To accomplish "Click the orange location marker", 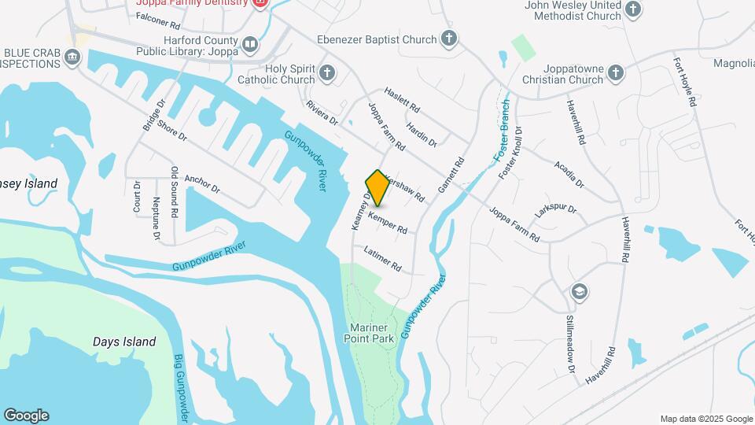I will point(377,188).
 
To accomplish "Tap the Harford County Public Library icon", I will point(250,45).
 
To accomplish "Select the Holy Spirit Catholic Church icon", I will point(328,74).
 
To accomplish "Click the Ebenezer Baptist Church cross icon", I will point(448,39).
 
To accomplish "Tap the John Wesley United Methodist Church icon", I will point(633,10).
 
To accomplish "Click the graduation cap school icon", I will point(580,291).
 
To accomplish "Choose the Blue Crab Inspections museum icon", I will point(73,56).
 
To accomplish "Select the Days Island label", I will point(124,342).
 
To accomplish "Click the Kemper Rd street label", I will point(388,224).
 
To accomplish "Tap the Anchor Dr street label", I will point(202,183).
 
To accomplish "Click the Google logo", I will point(27,416).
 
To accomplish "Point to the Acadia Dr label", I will point(569,172).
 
